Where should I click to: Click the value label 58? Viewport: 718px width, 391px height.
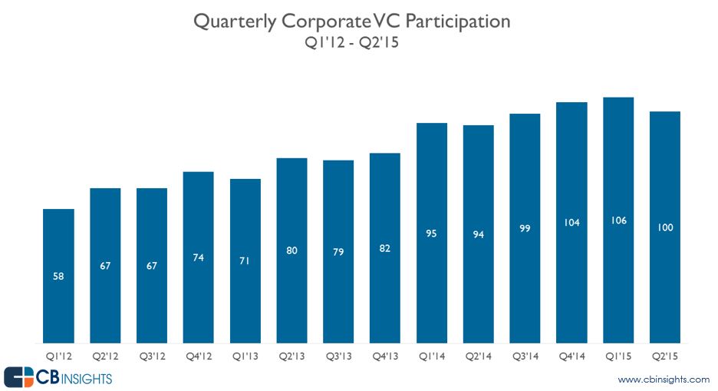click(x=58, y=276)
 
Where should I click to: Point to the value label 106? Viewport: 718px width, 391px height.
click(x=618, y=220)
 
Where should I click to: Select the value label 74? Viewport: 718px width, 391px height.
click(x=199, y=257)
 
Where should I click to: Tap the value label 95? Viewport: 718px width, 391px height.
click(x=432, y=234)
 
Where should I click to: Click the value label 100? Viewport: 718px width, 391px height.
click(x=665, y=227)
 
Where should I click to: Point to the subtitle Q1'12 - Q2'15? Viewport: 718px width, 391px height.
click(x=352, y=43)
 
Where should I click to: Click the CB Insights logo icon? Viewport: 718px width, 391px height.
click(x=18, y=377)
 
